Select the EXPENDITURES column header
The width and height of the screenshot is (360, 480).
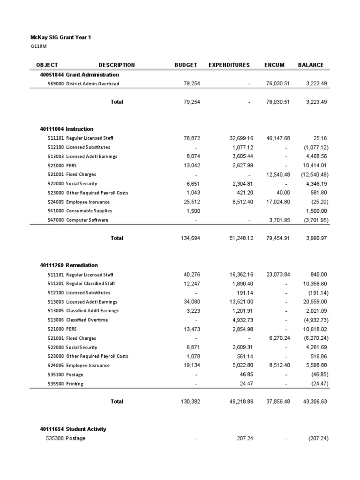point(229,65)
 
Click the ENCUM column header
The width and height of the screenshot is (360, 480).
point(274,65)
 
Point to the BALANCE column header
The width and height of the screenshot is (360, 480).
point(310,65)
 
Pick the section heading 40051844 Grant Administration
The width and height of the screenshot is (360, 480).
point(80,75)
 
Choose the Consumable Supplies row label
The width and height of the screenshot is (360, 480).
point(89,211)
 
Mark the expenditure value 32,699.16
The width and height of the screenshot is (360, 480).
point(237,138)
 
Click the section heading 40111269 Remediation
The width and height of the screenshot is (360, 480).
point(69,265)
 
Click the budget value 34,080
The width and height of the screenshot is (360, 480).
point(191,302)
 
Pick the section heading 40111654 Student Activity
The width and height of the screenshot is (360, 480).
point(73,429)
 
